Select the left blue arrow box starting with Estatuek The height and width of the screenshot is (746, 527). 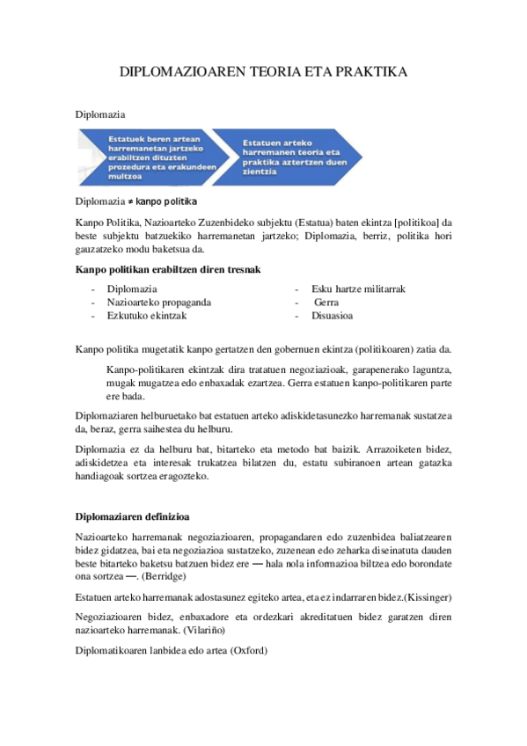click(150, 157)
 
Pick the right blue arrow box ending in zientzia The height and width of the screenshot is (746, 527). click(286, 157)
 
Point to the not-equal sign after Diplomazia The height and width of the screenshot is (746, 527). click(130, 202)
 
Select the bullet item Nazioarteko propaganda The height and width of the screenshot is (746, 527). click(158, 302)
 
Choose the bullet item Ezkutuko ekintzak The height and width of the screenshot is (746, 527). click(146, 315)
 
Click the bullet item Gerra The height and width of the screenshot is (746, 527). click(326, 302)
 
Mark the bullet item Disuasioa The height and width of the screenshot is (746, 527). click(332, 315)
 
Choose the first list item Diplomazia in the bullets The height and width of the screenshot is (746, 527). click(132, 289)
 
